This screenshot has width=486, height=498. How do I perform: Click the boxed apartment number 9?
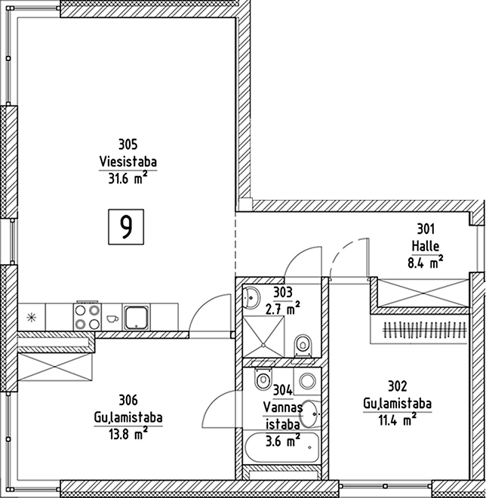pyautogui.click(x=126, y=227)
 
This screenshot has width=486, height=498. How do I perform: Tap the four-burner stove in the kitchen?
pyautogui.click(x=87, y=317)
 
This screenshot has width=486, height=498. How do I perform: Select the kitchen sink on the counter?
pyautogui.click(x=137, y=318)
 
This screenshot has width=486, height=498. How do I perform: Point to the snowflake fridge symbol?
pyautogui.click(x=32, y=317)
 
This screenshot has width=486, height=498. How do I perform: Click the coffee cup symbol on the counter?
pyautogui.click(x=112, y=318)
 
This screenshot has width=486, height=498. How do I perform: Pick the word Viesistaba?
pyautogui.click(x=128, y=161)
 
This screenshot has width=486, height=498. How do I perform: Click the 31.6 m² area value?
pyautogui.click(x=128, y=178)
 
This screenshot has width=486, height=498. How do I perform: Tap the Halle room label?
pyautogui.click(x=426, y=246)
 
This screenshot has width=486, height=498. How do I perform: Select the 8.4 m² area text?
pyautogui.click(x=426, y=263)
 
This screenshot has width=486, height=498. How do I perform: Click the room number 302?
pyautogui.click(x=398, y=386)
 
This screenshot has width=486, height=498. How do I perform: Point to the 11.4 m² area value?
pyautogui.click(x=398, y=420)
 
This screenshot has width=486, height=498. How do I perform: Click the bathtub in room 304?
pyautogui.click(x=281, y=447)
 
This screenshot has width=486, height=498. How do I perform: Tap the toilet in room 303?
pyautogui.click(x=303, y=345)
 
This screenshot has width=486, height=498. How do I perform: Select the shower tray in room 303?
pyautogui.click(x=263, y=337)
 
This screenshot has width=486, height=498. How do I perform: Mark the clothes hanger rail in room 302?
pyautogui.click(x=426, y=330)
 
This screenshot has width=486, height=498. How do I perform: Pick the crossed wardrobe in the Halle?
pyautogui.click(x=423, y=293)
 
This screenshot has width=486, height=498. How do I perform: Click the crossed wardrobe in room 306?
pyautogui.click(x=55, y=367)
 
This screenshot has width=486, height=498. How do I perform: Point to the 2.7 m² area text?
pyautogui.click(x=283, y=308)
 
